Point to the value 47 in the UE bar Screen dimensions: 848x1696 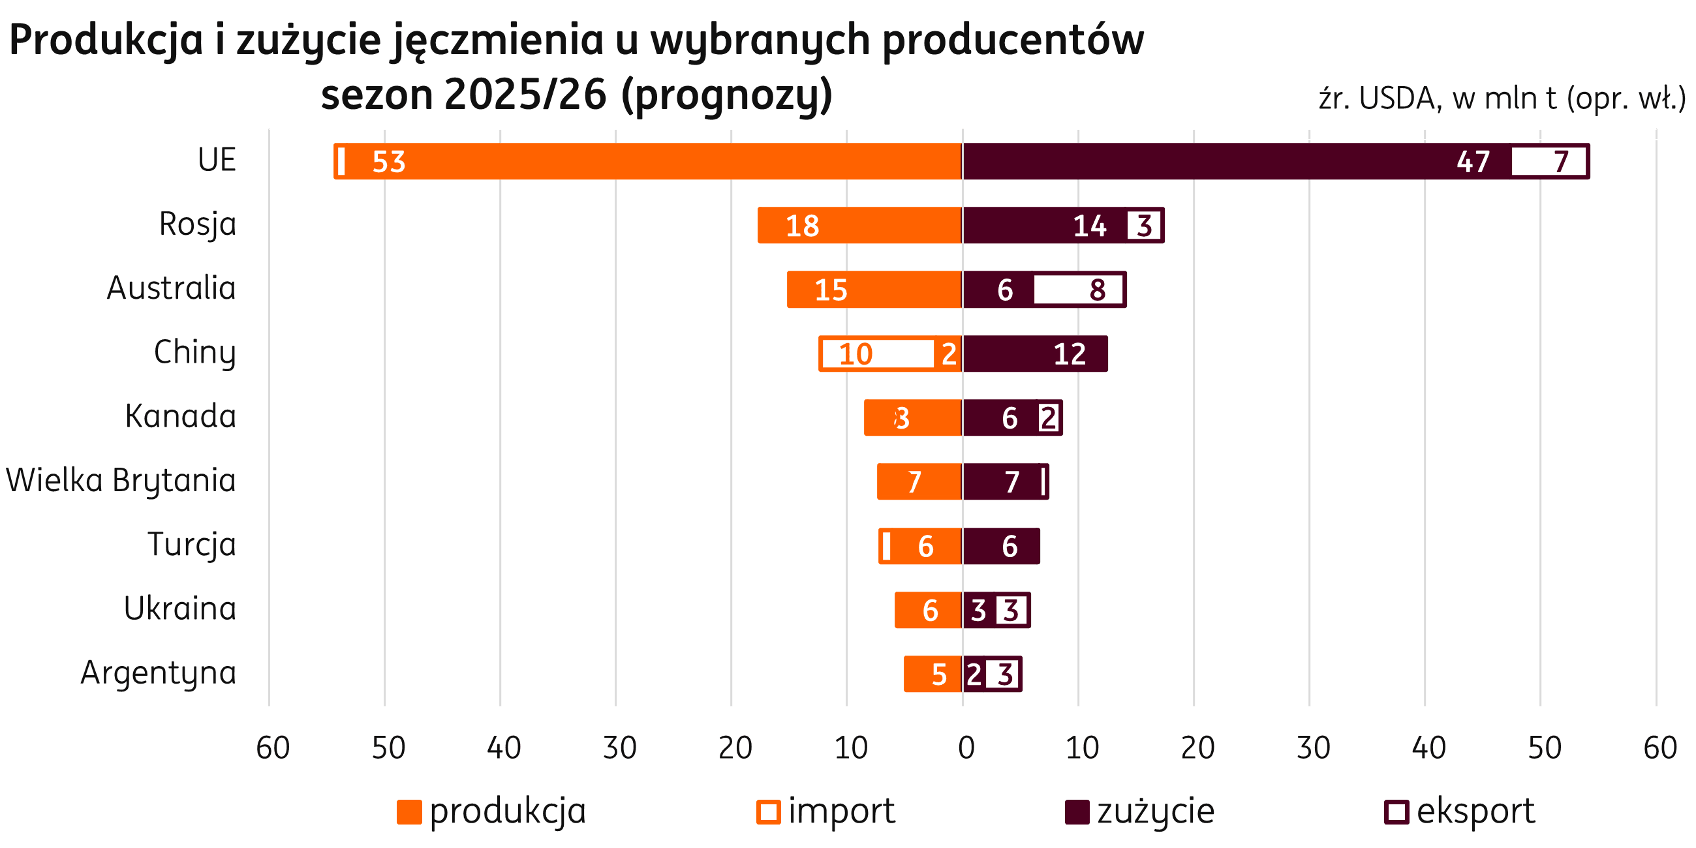[x=1473, y=162]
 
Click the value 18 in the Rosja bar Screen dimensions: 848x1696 [x=803, y=226]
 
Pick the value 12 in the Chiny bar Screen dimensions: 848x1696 [x=1069, y=354]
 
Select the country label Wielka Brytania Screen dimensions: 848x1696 [x=121, y=481]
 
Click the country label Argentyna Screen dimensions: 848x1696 [x=158, y=673]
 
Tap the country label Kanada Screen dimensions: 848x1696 [x=180, y=417]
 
